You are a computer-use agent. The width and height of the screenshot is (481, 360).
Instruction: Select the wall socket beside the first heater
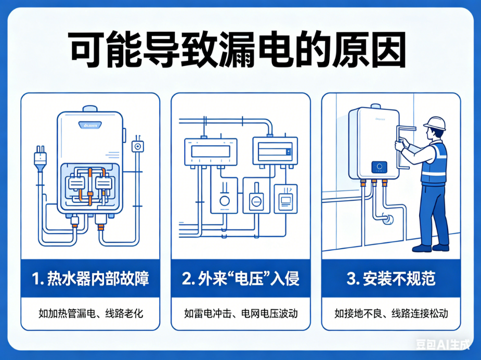coord(138,146)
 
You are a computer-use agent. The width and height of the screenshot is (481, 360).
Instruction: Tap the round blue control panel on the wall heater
coord(380,168)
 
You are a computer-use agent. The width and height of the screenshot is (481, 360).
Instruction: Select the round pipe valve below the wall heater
coord(387,220)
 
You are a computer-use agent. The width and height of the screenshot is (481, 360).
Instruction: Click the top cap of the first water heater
coord(89,108)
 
